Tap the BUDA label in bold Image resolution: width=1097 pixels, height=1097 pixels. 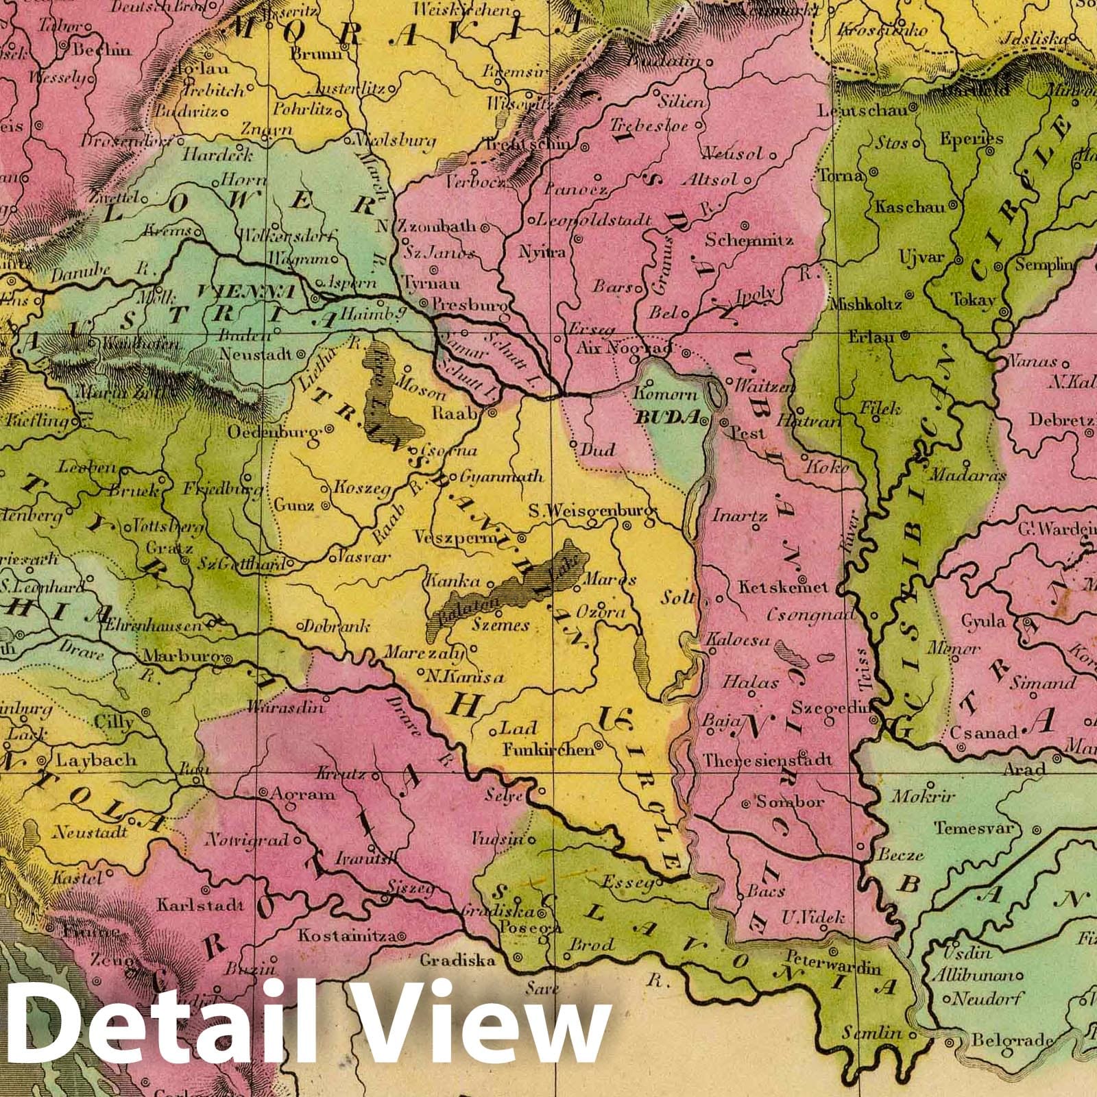[x=667, y=417]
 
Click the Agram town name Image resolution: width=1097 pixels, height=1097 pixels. [x=302, y=794]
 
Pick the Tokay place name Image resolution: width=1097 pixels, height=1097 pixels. [x=973, y=300]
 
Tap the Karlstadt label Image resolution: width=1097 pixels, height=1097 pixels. [x=200, y=904]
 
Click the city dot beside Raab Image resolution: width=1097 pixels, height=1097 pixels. [x=492, y=413]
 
